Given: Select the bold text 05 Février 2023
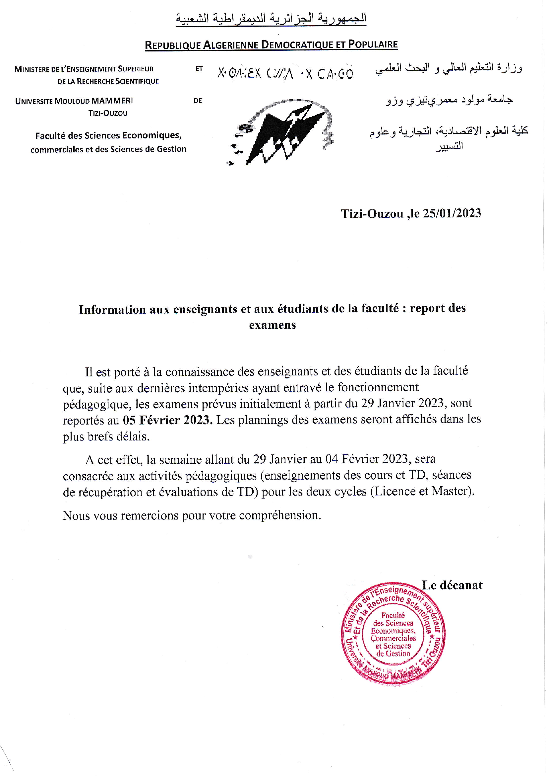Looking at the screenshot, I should click(x=167, y=420).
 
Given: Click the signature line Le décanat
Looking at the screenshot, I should click(x=452, y=585).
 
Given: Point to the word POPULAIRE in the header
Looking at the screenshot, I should click(x=373, y=44).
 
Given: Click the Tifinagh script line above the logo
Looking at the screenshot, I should click(x=285, y=73).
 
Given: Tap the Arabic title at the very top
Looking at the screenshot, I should click(x=271, y=19).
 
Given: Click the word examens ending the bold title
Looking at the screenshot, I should click(x=272, y=325).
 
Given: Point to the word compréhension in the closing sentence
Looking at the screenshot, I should click(x=279, y=515).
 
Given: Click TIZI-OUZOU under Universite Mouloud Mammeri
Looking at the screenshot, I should click(x=108, y=113).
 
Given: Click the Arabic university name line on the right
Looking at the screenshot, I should click(x=449, y=100).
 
